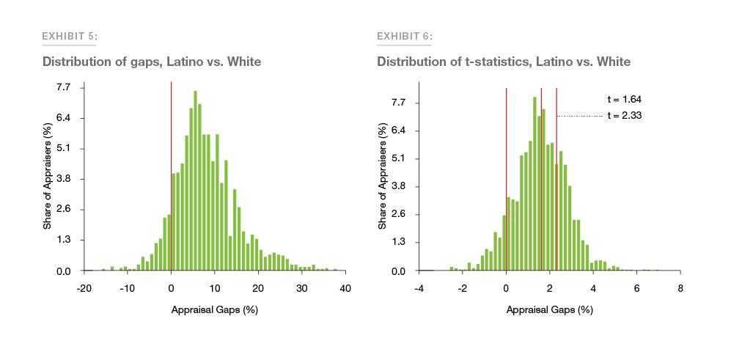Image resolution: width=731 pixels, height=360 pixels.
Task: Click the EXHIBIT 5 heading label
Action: pyautogui.click(x=70, y=36)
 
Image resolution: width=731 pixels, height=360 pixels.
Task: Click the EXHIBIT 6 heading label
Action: pyautogui.click(x=405, y=36)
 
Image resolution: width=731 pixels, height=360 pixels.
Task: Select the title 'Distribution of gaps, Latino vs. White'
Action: pyautogui.click(x=152, y=62)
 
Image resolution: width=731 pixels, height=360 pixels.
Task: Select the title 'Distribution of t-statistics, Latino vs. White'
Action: pyautogui.click(x=504, y=62)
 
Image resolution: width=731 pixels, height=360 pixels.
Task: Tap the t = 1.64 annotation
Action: pyautogui.click(x=625, y=100)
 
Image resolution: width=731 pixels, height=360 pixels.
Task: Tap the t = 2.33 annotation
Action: pyautogui.click(x=625, y=115)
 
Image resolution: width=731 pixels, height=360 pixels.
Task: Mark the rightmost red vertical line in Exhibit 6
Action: pyautogui.click(x=556, y=183)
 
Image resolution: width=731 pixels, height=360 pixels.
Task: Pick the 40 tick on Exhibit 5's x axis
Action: pyautogui.click(x=345, y=289)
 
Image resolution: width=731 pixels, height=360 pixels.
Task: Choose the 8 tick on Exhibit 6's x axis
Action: pyautogui.click(x=680, y=289)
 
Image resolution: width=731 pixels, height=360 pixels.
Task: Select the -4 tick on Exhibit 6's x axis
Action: pyautogui.click(x=419, y=289)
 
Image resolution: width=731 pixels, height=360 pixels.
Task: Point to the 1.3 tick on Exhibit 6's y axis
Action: pyautogui.click(x=398, y=242)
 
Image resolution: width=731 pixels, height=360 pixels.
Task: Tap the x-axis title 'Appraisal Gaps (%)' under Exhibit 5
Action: pyautogui.click(x=214, y=309)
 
